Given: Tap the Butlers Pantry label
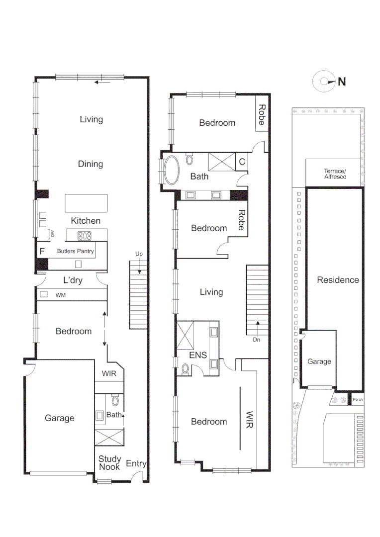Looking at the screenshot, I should [75, 252].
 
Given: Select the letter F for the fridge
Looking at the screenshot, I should [42, 251].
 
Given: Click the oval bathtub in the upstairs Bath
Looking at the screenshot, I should [172, 171].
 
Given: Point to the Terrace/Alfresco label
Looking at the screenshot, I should [335, 174].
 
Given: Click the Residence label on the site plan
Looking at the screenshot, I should [338, 280].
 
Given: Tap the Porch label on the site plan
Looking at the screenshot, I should [357, 399].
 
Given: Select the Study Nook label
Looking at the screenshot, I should [109, 463].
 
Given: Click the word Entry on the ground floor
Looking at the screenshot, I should [136, 463].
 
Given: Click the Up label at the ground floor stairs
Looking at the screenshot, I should [139, 254].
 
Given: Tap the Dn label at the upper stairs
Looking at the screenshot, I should [257, 340].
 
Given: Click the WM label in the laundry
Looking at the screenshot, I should [61, 295].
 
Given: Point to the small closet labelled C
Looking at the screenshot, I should [242, 162].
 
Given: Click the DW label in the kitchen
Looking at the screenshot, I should [52, 234].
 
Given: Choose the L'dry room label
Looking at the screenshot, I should [72, 280].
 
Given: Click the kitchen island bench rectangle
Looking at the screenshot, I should [86, 203].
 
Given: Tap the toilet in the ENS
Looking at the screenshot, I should [185, 369].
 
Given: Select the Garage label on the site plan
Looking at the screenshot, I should [319, 361].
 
